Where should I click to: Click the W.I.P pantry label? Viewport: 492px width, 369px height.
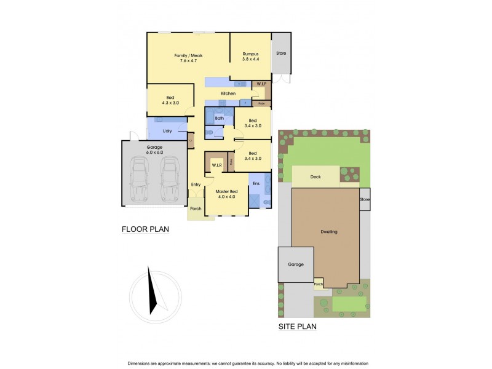pyautogui.click(x=261, y=83)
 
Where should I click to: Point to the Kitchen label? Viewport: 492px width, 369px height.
pyautogui.click(x=228, y=93)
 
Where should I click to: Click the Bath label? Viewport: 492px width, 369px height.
pyautogui.click(x=220, y=118)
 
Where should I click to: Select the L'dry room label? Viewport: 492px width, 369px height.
pyautogui.click(x=167, y=132)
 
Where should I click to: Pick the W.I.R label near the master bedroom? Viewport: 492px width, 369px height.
pyautogui.click(x=216, y=165)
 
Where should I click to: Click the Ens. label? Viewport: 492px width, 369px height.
pyautogui.click(x=256, y=183)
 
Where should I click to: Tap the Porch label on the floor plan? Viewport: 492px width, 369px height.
pyautogui.click(x=196, y=208)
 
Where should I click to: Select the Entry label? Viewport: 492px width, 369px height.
pyautogui.click(x=196, y=184)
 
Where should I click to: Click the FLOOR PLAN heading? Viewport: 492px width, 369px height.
pyautogui.click(x=145, y=229)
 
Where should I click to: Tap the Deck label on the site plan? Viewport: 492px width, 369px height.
pyautogui.click(x=315, y=177)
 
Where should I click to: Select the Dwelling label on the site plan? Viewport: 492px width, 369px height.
pyautogui.click(x=329, y=232)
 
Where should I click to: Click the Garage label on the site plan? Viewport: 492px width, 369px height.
pyautogui.click(x=296, y=264)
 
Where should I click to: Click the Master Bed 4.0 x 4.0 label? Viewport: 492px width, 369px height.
pyautogui.click(x=226, y=194)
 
